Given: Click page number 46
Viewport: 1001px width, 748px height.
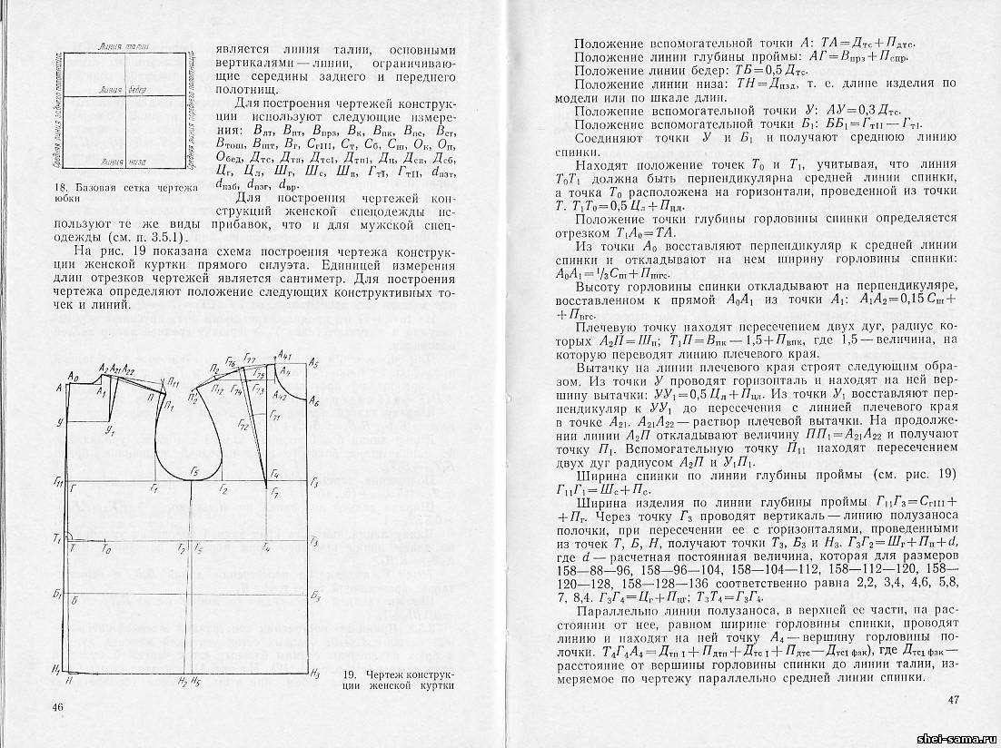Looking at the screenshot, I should [x=60, y=707].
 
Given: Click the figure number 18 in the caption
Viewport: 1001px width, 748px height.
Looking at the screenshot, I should [x=57, y=189].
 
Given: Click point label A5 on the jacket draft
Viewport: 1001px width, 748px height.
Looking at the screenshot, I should [x=313, y=363].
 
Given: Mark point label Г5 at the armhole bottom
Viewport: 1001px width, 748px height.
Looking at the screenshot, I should [x=193, y=472].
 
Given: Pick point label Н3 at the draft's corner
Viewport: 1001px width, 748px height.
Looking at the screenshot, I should [x=314, y=674].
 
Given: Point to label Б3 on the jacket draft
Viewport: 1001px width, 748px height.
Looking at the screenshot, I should [x=314, y=597].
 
